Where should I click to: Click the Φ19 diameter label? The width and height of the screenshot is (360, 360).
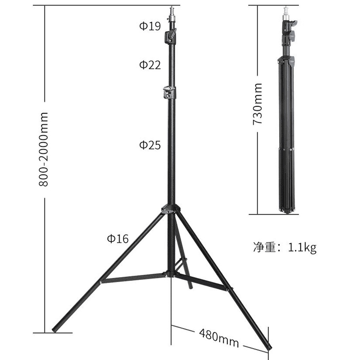(x=150, y=26)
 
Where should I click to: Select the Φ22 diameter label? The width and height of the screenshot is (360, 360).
(x=150, y=65)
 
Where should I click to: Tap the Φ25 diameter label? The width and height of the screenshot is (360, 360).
(x=150, y=145)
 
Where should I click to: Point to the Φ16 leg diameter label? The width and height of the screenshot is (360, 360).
(x=118, y=238)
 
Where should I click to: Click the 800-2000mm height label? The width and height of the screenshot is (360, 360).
(x=43, y=149)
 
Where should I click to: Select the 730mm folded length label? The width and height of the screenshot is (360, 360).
(x=257, y=104)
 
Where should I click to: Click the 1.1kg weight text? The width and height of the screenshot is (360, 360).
(x=302, y=248)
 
